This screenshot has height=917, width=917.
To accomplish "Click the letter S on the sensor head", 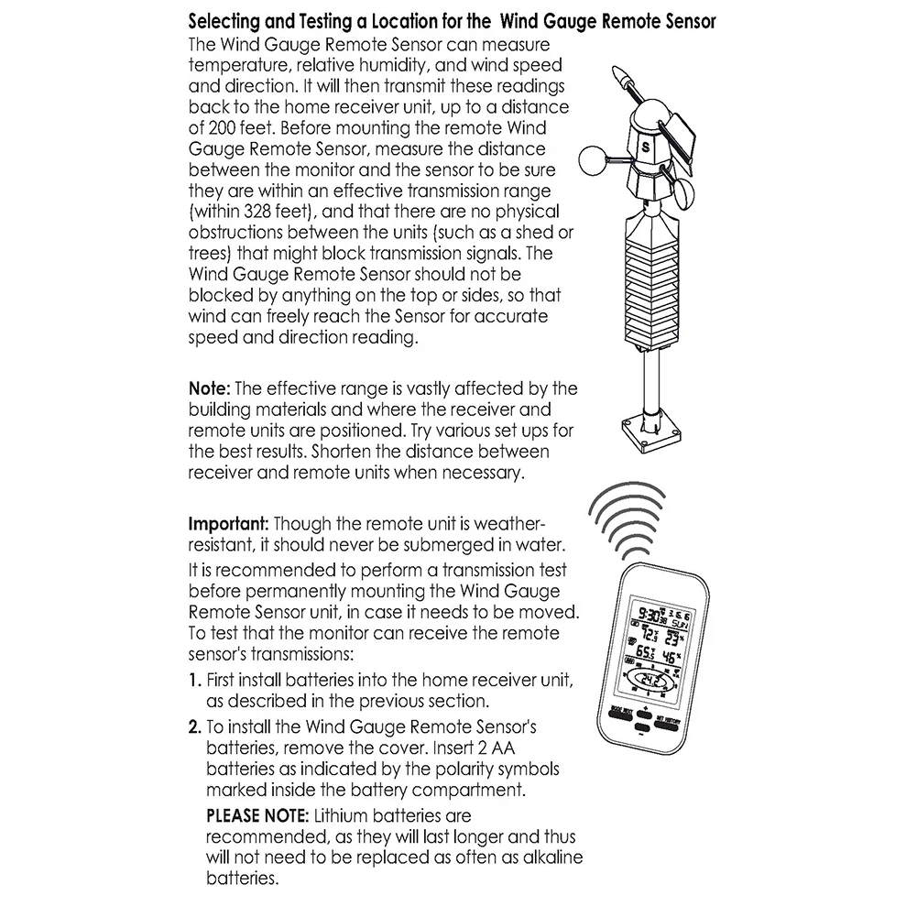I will click(x=645, y=144).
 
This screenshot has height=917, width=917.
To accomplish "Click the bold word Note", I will click(x=209, y=388).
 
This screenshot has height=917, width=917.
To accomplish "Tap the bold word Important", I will click(x=228, y=526).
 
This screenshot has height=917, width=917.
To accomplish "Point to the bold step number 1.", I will click(x=194, y=682).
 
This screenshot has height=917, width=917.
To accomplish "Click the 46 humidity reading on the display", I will click(x=671, y=656).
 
